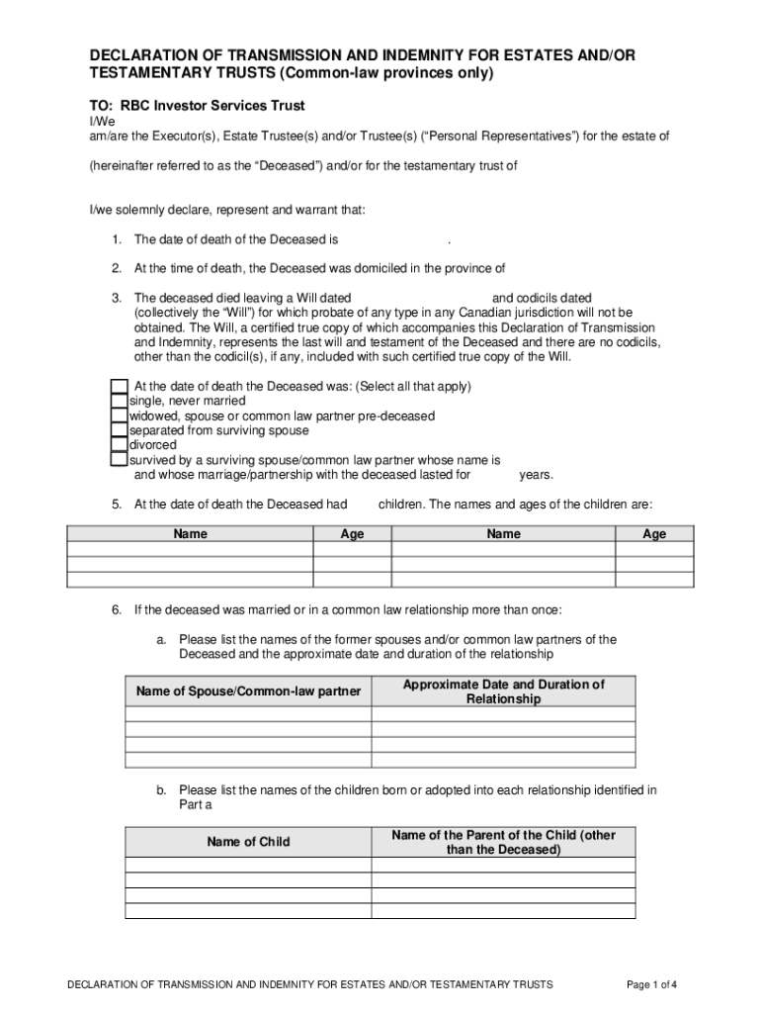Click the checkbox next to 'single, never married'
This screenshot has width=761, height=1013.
119,401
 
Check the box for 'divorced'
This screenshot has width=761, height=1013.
119,445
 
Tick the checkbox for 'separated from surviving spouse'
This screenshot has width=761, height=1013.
119,430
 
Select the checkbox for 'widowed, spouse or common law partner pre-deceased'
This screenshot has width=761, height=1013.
119,415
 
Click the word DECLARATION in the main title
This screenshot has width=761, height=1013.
149,55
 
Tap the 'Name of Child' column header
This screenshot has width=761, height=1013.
248,842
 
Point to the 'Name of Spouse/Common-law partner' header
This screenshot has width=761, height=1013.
248,691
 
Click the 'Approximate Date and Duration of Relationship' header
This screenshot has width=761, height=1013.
503,691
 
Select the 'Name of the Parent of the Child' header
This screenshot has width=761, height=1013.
503,842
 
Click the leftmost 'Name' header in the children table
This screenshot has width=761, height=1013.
190,534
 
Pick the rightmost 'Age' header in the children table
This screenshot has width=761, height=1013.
653,534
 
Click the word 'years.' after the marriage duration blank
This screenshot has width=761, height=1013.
536,475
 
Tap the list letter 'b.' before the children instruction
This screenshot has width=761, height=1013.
161,789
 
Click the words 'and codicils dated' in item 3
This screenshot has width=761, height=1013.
542,298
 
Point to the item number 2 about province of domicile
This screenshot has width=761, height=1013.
116,268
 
